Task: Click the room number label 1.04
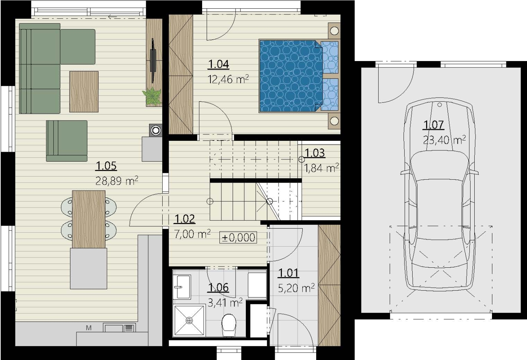[x=218, y=64]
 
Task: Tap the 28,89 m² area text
[x=117, y=181]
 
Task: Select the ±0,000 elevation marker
[x=238, y=237]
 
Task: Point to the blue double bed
[x=299, y=76]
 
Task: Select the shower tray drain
[x=189, y=320]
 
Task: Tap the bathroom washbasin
[x=182, y=287]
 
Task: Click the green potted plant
[x=152, y=96]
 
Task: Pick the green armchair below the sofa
[x=67, y=141]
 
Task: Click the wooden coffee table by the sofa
[x=84, y=92]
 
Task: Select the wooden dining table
[x=89, y=219]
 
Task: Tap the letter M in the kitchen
[x=89, y=328]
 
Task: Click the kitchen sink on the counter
[x=119, y=328]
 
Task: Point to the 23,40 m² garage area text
[x=444, y=140]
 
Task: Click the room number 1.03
[x=315, y=153]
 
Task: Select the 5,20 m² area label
[x=296, y=288]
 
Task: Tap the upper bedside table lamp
[x=334, y=31]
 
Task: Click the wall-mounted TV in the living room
[x=153, y=61]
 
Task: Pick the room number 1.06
[x=218, y=288]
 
